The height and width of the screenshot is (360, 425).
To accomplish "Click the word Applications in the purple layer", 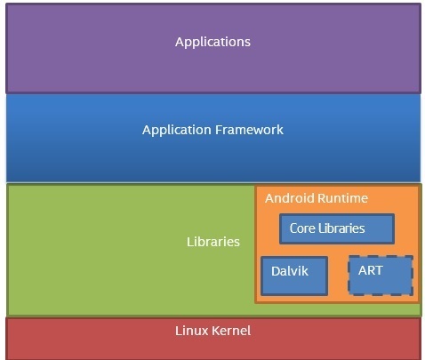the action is [x=212, y=42].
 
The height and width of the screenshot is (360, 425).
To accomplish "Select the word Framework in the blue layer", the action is [x=249, y=130].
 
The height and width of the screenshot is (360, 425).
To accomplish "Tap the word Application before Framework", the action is [x=177, y=131].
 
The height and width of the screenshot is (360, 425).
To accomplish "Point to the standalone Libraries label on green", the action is [x=213, y=242].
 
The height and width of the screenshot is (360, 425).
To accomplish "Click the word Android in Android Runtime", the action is [x=290, y=198].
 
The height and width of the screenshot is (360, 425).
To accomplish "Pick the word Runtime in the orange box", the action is [x=342, y=198].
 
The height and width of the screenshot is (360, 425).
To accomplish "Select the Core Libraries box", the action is [x=337, y=228].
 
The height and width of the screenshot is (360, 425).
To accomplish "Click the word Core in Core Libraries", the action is [x=302, y=228].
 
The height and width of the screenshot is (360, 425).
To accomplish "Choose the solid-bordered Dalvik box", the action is [x=294, y=276].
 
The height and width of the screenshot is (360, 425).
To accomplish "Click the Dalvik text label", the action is [x=290, y=271].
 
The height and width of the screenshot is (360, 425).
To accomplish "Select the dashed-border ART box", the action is [x=381, y=276].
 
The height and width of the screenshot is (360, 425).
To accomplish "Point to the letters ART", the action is [x=371, y=270].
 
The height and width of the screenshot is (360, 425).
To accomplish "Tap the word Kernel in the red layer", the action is [x=232, y=331].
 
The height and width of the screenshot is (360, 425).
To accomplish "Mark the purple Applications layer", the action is [x=213, y=48].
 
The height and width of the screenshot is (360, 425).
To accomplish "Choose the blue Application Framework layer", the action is [x=213, y=138].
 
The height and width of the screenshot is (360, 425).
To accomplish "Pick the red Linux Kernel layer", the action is [x=213, y=339].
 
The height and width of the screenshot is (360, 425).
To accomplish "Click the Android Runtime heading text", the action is [x=317, y=198].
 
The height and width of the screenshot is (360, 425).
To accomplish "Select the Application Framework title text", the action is [x=212, y=131].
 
